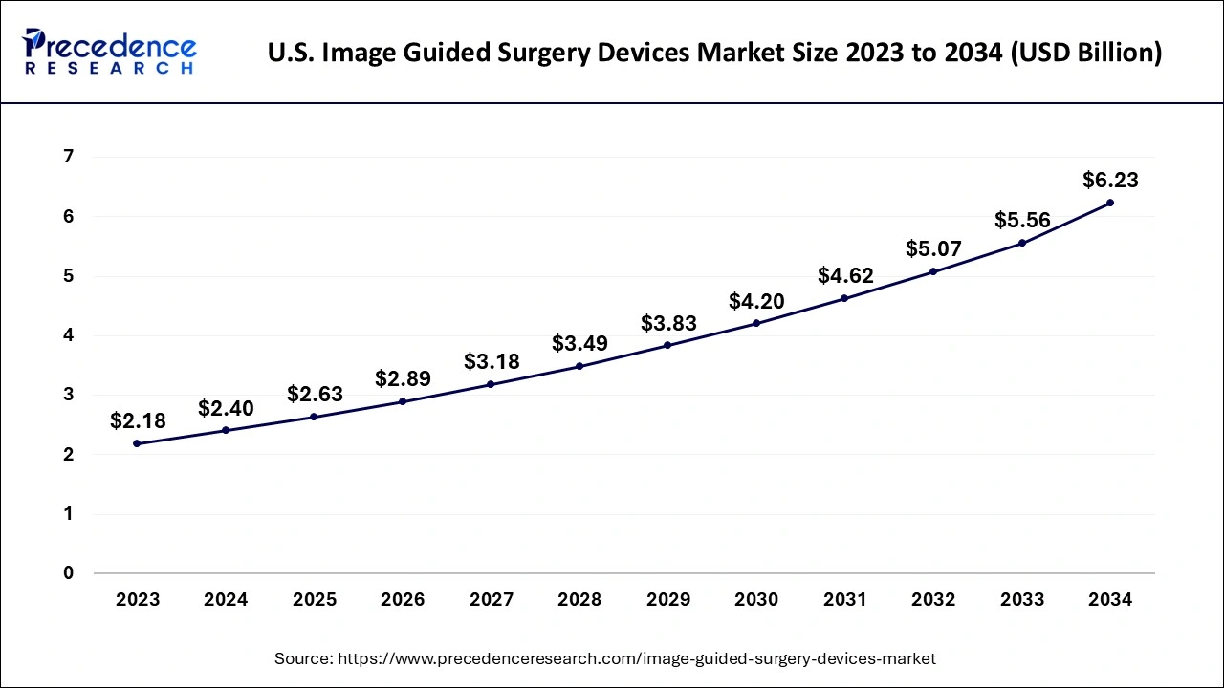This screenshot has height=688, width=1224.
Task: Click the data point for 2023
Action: pos(138,443)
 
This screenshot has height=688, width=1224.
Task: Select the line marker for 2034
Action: pos(1110,203)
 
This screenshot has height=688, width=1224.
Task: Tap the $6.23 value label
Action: pos(1110,180)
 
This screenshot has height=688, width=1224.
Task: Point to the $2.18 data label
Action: pos(138,420)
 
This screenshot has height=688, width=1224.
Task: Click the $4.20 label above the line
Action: pos(756,301)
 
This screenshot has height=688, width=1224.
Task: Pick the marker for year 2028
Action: pos(579,366)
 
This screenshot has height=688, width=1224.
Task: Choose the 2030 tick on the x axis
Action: pos(756,600)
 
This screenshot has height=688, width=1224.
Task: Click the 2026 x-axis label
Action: pos(403,600)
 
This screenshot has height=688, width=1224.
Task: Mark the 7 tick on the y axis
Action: pos(69,157)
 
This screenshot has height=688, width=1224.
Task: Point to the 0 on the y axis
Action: pos(69,573)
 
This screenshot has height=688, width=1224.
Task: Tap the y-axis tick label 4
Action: pos(69,335)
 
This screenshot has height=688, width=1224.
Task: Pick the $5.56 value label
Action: pos(1022,221)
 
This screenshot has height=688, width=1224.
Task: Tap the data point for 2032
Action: pos(933,271)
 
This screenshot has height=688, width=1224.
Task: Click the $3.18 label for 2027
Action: pos(492,361)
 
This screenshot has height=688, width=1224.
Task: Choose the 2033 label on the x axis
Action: pos(1022,600)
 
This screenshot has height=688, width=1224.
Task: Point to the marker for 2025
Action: pos(315,417)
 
